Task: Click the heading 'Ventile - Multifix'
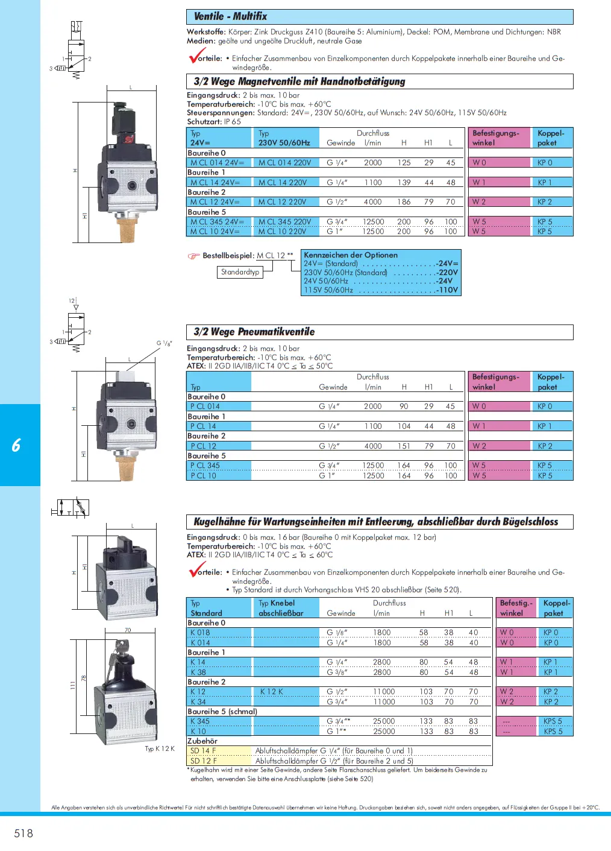[230, 16]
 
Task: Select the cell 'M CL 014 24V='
[218, 163]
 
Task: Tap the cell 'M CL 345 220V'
[285, 222]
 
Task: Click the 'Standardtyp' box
[240, 272]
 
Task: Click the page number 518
[23, 833]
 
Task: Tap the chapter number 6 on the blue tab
[16, 445]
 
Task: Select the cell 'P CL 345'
[205, 466]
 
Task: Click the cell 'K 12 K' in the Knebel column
[272, 692]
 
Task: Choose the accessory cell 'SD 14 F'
[203, 751]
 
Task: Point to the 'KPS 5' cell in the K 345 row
[553, 721]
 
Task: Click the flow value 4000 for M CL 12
[372, 202]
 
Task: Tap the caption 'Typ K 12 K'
[160, 748]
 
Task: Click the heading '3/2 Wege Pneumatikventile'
[254, 332]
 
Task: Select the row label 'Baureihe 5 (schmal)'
[222, 712]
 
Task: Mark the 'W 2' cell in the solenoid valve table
[479, 202]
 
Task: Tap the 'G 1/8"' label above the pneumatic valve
[164, 343]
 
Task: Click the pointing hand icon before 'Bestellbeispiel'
[193, 256]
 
